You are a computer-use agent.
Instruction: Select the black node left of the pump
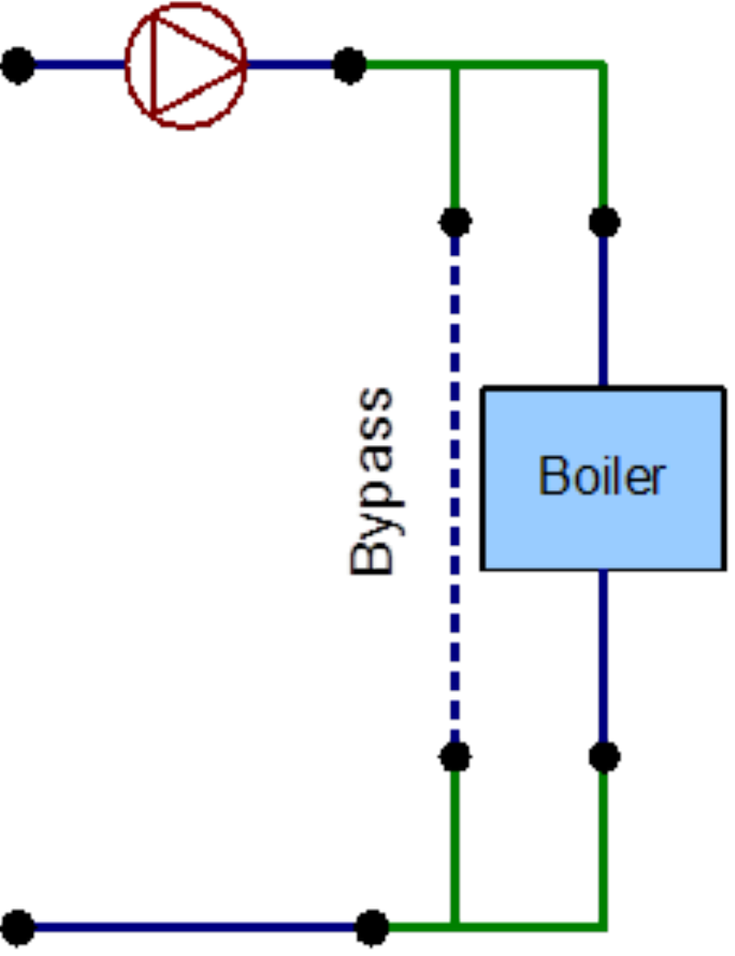click(19, 65)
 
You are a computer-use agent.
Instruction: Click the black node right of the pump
click(350, 65)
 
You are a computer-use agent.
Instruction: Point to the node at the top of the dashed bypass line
click(455, 222)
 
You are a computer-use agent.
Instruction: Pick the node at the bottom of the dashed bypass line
click(455, 756)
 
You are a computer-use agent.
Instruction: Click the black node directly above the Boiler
click(604, 222)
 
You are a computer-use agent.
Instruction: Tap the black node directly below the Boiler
click(604, 756)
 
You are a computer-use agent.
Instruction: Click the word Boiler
click(602, 476)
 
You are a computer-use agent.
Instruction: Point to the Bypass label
click(372, 481)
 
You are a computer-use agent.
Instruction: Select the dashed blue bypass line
click(455, 486)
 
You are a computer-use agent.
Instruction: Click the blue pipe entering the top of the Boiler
click(604, 304)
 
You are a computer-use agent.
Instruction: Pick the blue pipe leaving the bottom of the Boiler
click(604, 659)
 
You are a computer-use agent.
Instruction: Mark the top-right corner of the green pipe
click(603, 65)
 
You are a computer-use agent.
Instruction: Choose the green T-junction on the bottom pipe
click(455, 927)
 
